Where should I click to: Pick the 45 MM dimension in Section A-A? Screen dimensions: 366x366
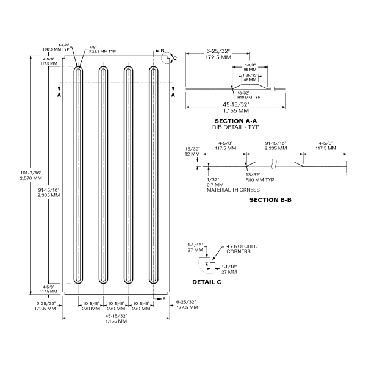pyautogui.click(x=251, y=79)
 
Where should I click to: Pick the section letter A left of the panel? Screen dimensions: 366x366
pyautogui.click(x=59, y=96)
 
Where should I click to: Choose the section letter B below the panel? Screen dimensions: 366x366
pyautogui.click(x=163, y=299)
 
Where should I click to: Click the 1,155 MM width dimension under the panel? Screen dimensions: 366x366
pyautogui.click(x=115, y=321)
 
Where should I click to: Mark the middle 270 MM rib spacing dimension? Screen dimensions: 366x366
pyautogui.click(x=115, y=309)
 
